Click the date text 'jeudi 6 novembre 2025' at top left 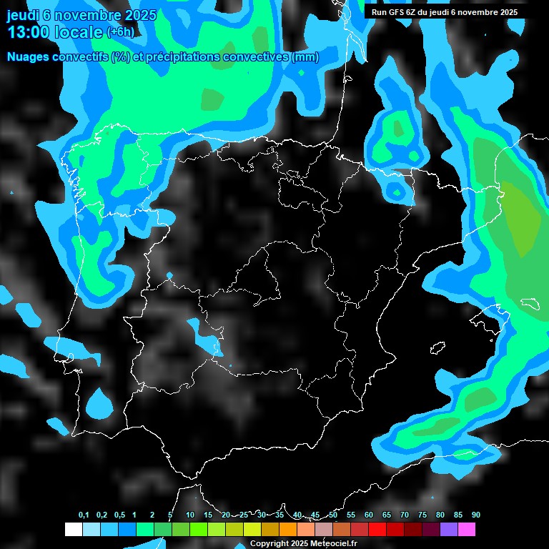[x=81, y=15]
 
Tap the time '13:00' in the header [x=28, y=32]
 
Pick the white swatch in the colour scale [x=73, y=530]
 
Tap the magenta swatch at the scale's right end [x=467, y=530]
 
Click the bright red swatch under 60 [x=377, y=530]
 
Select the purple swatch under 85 [x=449, y=530]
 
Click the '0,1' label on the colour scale [x=84, y=515]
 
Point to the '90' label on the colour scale [x=476, y=515]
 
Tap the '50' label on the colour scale [x=333, y=515]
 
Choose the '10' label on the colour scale [x=190, y=515]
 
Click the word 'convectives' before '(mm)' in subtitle [x=257, y=57]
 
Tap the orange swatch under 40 [x=288, y=530]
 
